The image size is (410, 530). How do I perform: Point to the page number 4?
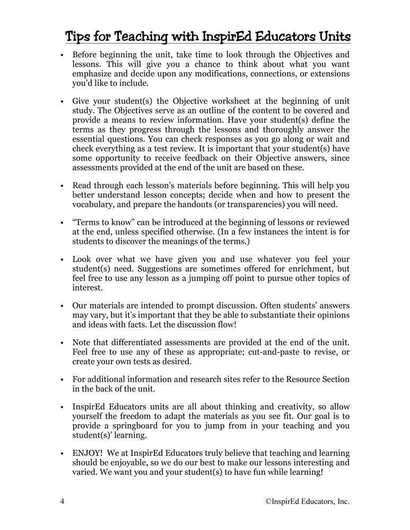point(63,501)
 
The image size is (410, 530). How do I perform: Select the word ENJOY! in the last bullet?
point(88,453)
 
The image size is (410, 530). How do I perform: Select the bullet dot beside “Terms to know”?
point(63,224)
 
